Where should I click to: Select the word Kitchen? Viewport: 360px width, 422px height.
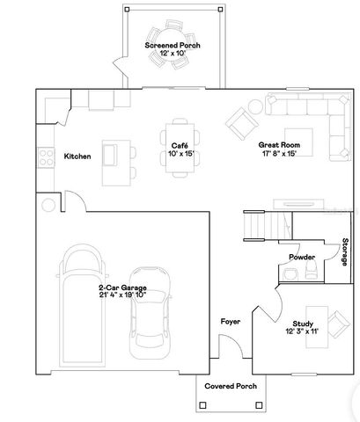click(77, 156)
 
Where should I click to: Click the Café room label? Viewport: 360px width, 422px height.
click(180, 144)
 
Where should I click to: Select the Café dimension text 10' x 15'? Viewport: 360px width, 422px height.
click(180, 153)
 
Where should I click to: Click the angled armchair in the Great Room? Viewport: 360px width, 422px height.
click(240, 121)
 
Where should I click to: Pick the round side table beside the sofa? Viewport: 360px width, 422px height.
click(255, 106)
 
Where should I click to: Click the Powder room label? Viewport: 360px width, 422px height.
click(301, 257)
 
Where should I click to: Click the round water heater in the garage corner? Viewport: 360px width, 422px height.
click(46, 206)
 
